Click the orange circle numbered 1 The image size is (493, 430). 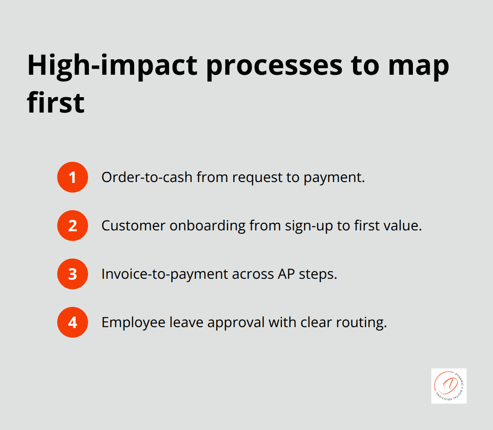point(73,177)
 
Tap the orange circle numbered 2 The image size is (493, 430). point(73,226)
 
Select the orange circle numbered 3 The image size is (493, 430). point(73,274)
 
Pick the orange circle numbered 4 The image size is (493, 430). point(73,322)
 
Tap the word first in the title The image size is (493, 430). point(55,102)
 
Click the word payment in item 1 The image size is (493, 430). point(338,177)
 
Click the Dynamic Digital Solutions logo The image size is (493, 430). point(449,386)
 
